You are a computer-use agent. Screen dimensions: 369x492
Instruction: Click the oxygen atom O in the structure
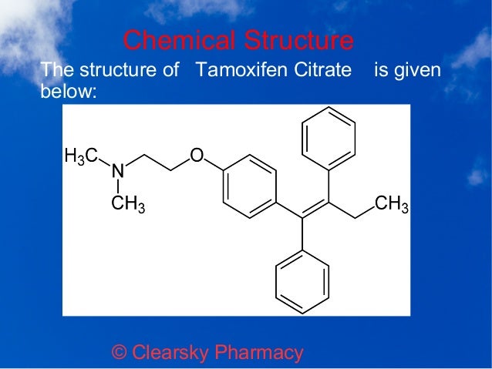pos(197,157)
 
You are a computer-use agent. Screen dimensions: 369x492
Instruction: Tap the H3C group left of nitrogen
pos(80,157)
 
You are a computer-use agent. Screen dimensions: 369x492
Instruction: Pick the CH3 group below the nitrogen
pos(127,205)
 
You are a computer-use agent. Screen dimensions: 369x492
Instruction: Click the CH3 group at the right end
pos(391,204)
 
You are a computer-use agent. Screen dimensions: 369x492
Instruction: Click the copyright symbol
pos(120,353)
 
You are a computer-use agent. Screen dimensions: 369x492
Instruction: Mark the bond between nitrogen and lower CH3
pos(117,186)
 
